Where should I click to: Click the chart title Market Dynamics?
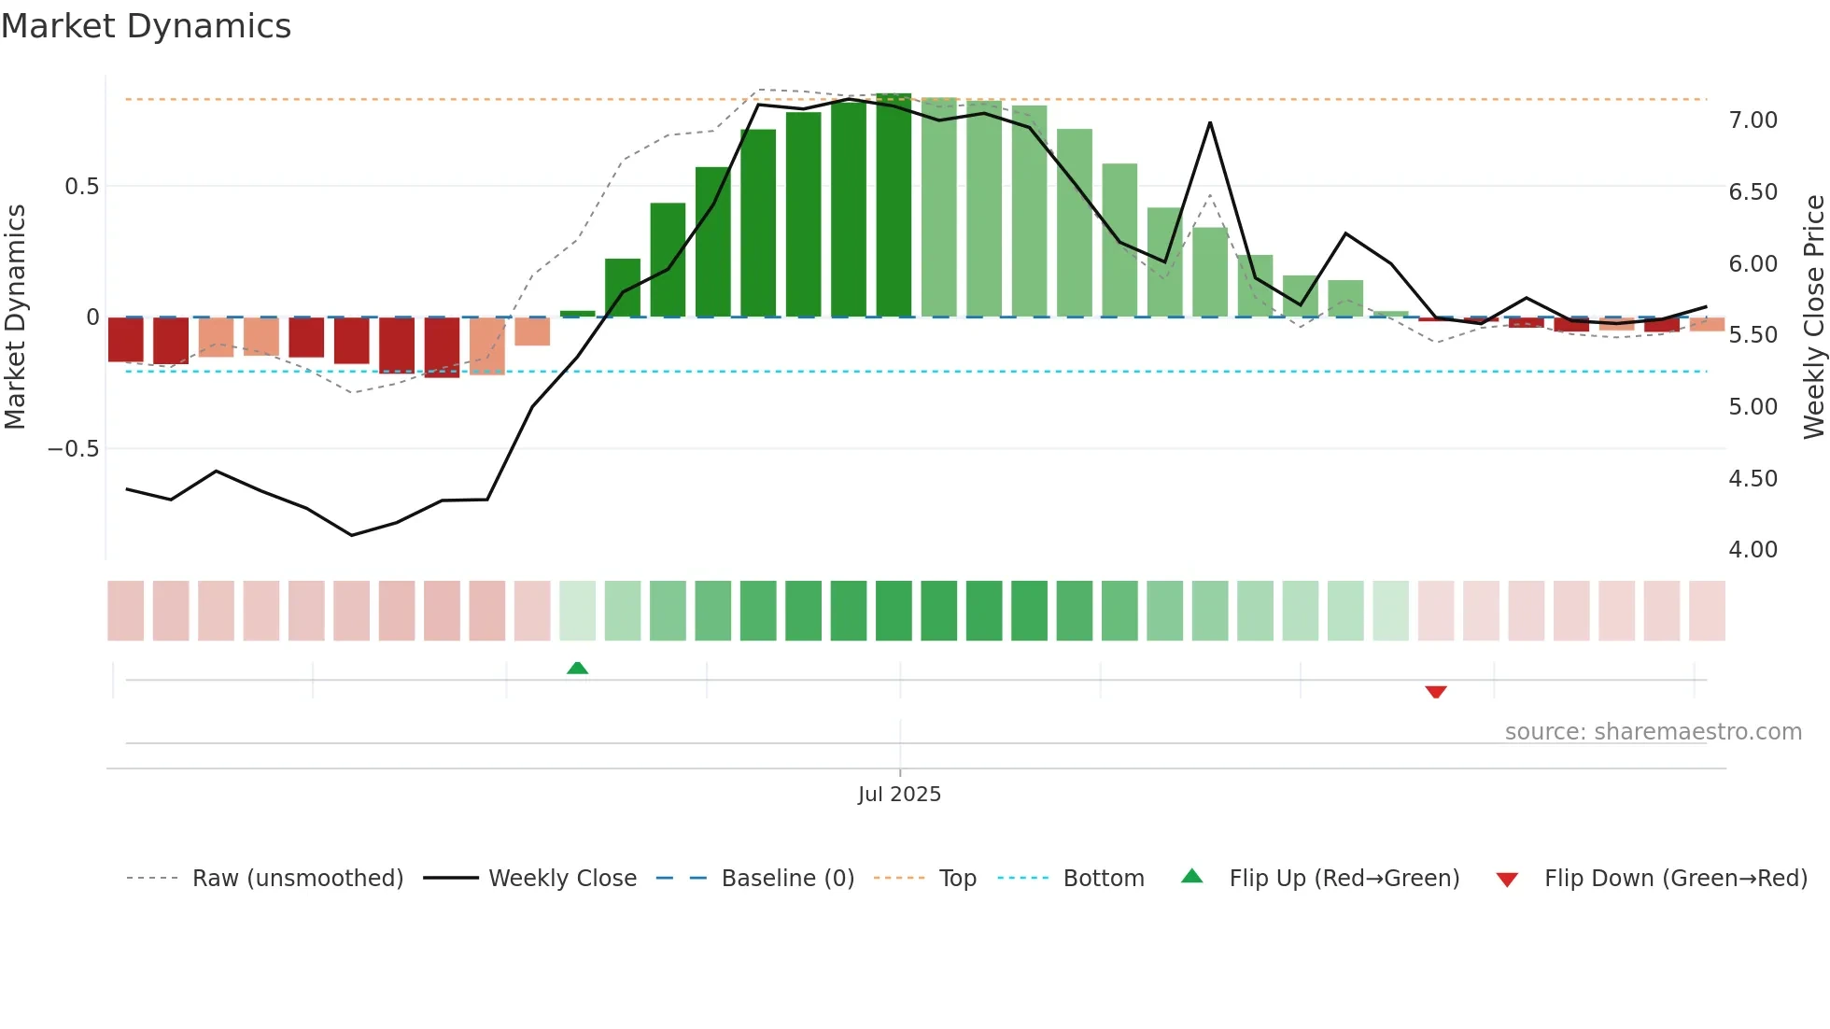[x=146, y=26]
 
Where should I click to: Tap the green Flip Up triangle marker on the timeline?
[x=577, y=668]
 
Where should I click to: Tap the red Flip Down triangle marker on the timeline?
[x=1436, y=692]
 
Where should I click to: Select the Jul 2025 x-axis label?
[x=899, y=795]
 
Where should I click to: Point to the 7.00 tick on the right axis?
[x=1753, y=120]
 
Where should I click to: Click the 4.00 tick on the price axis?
[x=1753, y=550]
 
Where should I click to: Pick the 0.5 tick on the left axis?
[x=81, y=187]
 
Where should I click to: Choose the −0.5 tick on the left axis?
[x=74, y=449]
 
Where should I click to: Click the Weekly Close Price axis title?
[x=1813, y=317]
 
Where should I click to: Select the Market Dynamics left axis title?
[x=16, y=317]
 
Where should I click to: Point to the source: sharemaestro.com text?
[x=1653, y=732]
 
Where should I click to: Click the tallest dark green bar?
[x=894, y=205]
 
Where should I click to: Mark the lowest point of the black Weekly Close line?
[x=352, y=535]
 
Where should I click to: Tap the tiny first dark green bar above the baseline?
[x=577, y=314]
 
